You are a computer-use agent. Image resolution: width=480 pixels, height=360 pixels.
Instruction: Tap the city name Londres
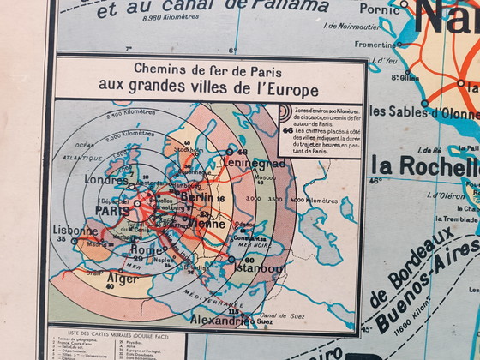click(x=107, y=181)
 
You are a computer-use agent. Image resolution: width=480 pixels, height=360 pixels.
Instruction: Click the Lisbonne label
click(x=75, y=231)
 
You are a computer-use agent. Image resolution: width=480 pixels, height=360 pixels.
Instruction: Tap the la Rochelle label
click(x=429, y=165)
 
